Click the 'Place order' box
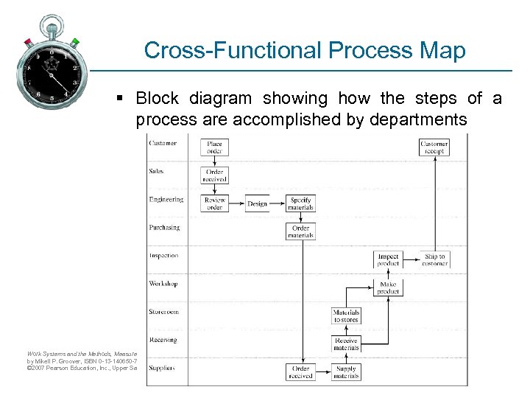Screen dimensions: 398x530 pyautogui.click(x=214, y=147)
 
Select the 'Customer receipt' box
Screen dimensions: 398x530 pyautogui.click(x=434, y=147)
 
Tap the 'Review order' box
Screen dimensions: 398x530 pyautogui.click(x=214, y=203)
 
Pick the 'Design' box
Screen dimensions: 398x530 pyautogui.click(x=258, y=203)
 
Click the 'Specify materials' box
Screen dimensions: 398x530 pyautogui.click(x=300, y=203)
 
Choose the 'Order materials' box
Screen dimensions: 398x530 pyautogui.click(x=300, y=231)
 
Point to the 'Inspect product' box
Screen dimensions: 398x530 pyautogui.click(x=388, y=259)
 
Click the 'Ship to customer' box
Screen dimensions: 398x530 pyautogui.click(x=434, y=259)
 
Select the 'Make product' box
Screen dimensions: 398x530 pyautogui.click(x=388, y=287)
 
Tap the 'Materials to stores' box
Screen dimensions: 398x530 pyautogui.click(x=346, y=315)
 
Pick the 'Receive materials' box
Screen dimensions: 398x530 pyautogui.click(x=346, y=344)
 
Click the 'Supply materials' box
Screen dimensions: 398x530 pyautogui.click(x=346, y=371)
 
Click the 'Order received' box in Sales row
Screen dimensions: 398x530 pyautogui.click(x=214, y=175)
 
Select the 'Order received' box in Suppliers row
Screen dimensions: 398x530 pyautogui.click(x=300, y=371)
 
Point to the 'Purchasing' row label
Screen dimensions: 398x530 pyautogui.click(x=164, y=228)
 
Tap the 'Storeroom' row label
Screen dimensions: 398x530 pyautogui.click(x=164, y=312)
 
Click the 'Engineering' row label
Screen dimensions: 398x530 pyautogui.click(x=166, y=200)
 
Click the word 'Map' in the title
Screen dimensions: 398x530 pyautogui.click(x=445, y=50)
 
